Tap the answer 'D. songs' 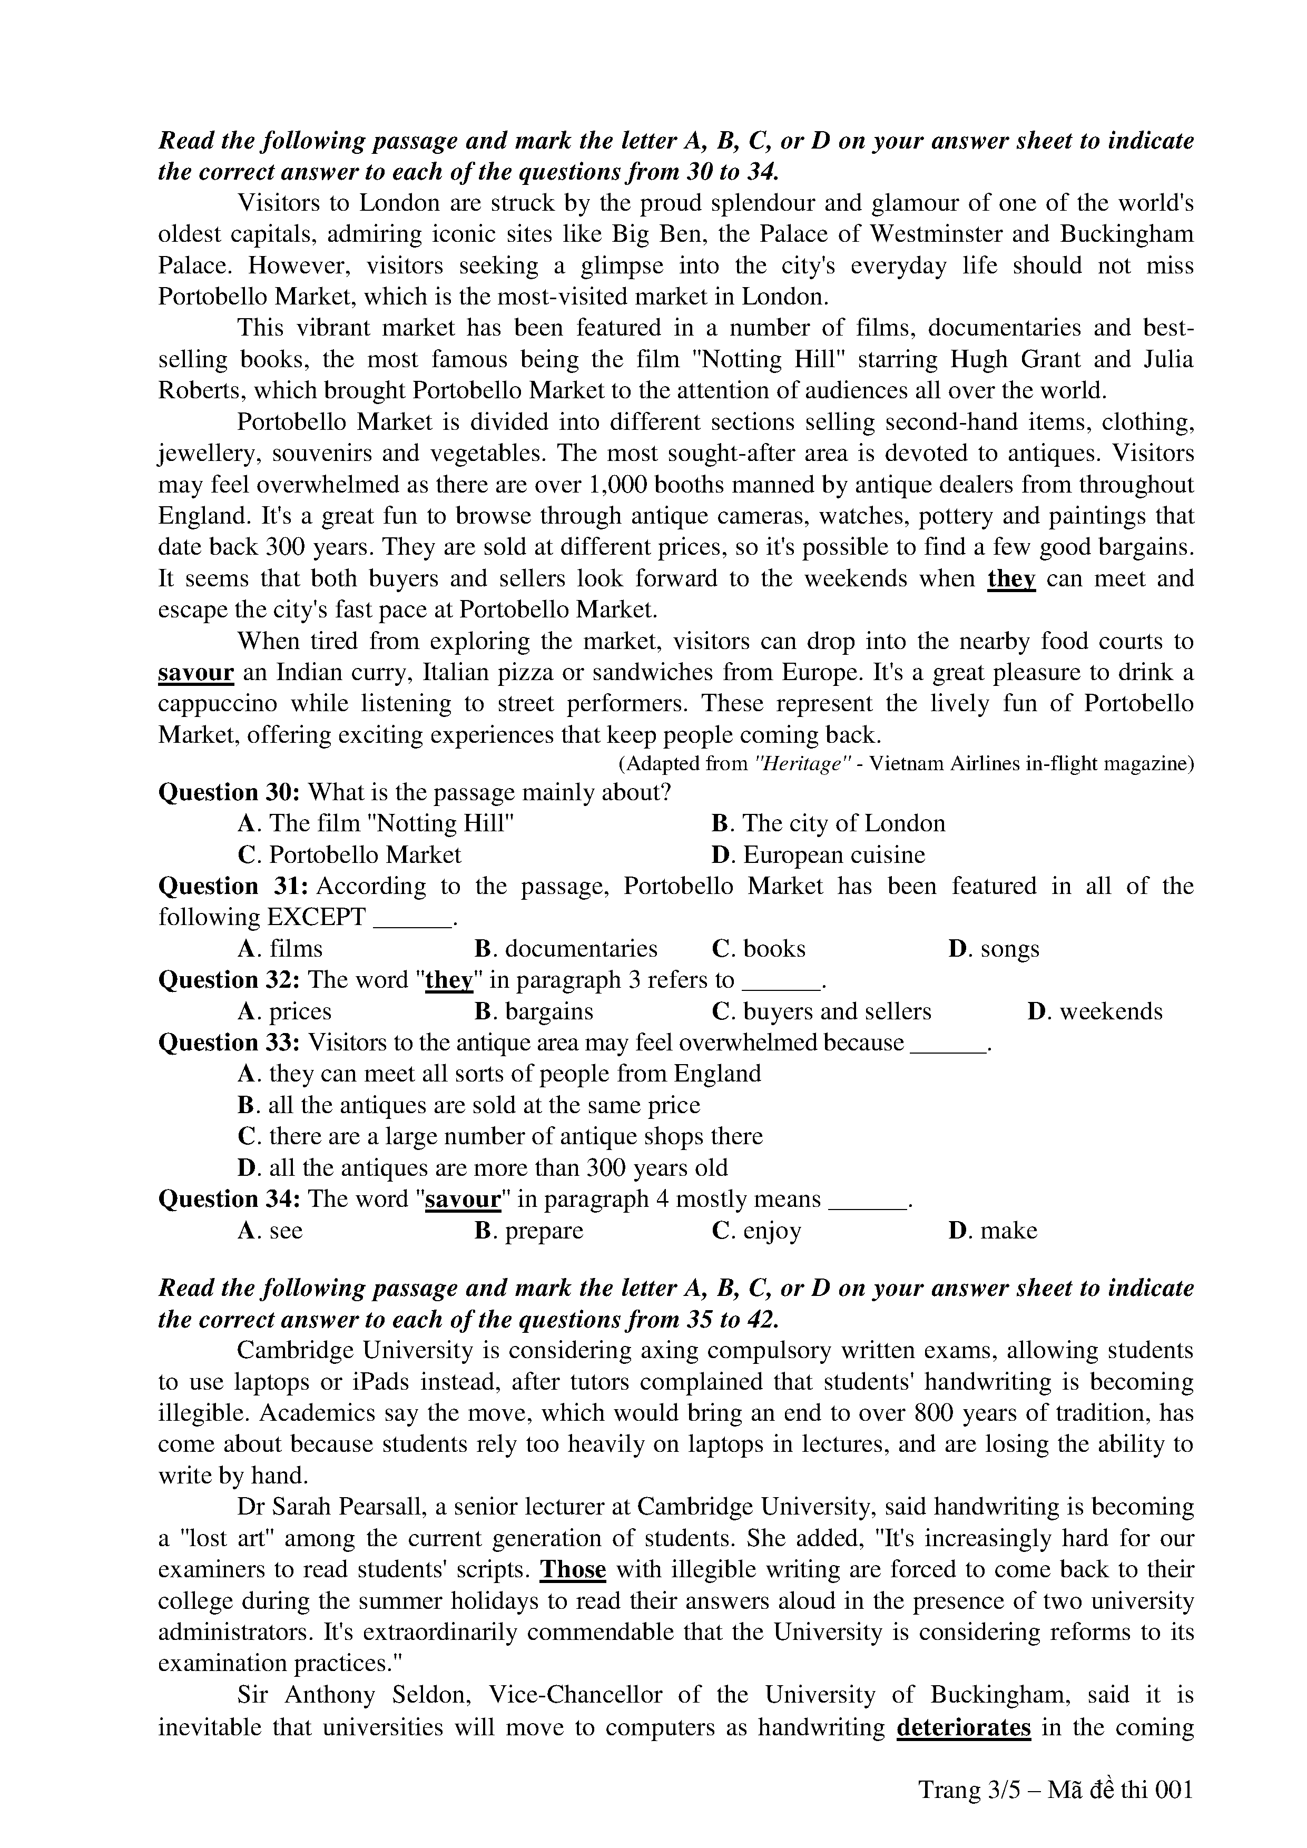pyautogui.click(x=994, y=949)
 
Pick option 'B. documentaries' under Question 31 pyautogui.click(x=566, y=949)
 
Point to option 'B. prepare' pyautogui.click(x=529, y=1231)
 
